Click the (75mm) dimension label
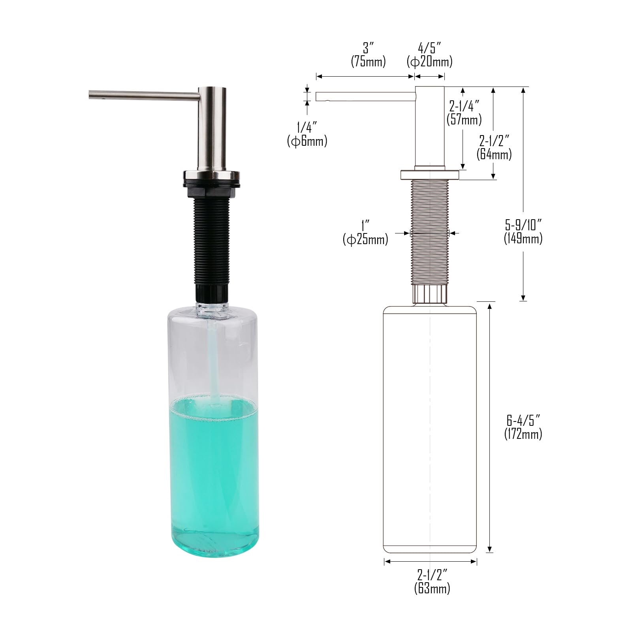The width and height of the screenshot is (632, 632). (368, 62)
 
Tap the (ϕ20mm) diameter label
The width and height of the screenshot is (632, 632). (430, 62)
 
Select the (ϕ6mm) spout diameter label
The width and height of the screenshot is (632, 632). (307, 141)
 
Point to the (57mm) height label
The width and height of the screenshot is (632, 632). (464, 119)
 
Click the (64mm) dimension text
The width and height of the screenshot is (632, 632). (494, 154)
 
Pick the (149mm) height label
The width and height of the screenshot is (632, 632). (523, 238)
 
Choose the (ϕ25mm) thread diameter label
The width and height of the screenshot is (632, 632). (365, 239)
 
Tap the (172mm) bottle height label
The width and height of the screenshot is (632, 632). (523, 434)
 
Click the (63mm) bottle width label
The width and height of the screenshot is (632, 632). (432, 588)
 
